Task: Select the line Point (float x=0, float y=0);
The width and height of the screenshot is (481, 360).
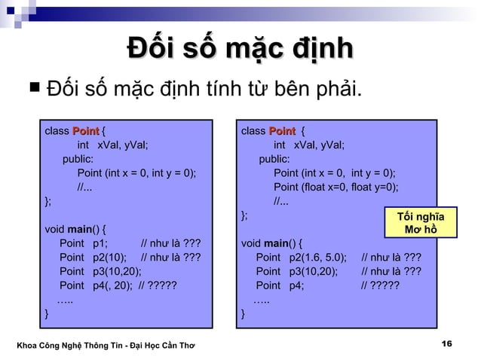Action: (x=335, y=188)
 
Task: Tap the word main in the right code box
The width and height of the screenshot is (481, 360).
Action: (x=277, y=243)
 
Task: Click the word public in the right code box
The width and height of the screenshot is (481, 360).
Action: (x=274, y=160)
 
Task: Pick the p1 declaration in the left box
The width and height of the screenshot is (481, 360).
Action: (x=84, y=243)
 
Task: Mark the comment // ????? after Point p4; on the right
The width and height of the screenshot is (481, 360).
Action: (x=380, y=285)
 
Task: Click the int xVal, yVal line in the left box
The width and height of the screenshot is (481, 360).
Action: (x=112, y=145)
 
